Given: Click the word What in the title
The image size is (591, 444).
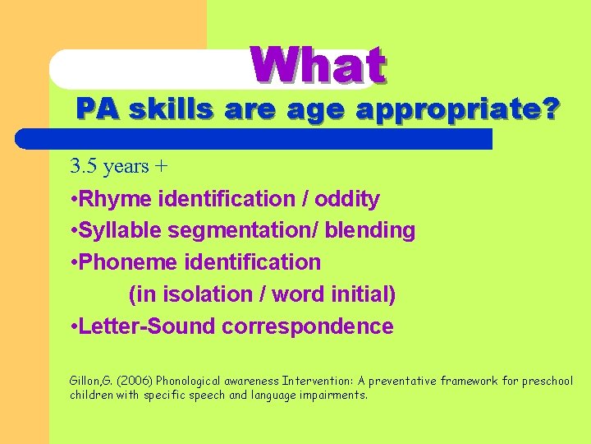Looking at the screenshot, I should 318,66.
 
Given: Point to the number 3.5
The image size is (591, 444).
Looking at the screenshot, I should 84,166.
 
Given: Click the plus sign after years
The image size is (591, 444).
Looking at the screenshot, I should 161,167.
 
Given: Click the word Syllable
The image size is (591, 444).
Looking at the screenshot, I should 117,231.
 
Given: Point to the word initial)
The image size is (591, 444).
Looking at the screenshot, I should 362,294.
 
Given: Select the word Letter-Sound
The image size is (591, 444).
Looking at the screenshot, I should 145,326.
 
